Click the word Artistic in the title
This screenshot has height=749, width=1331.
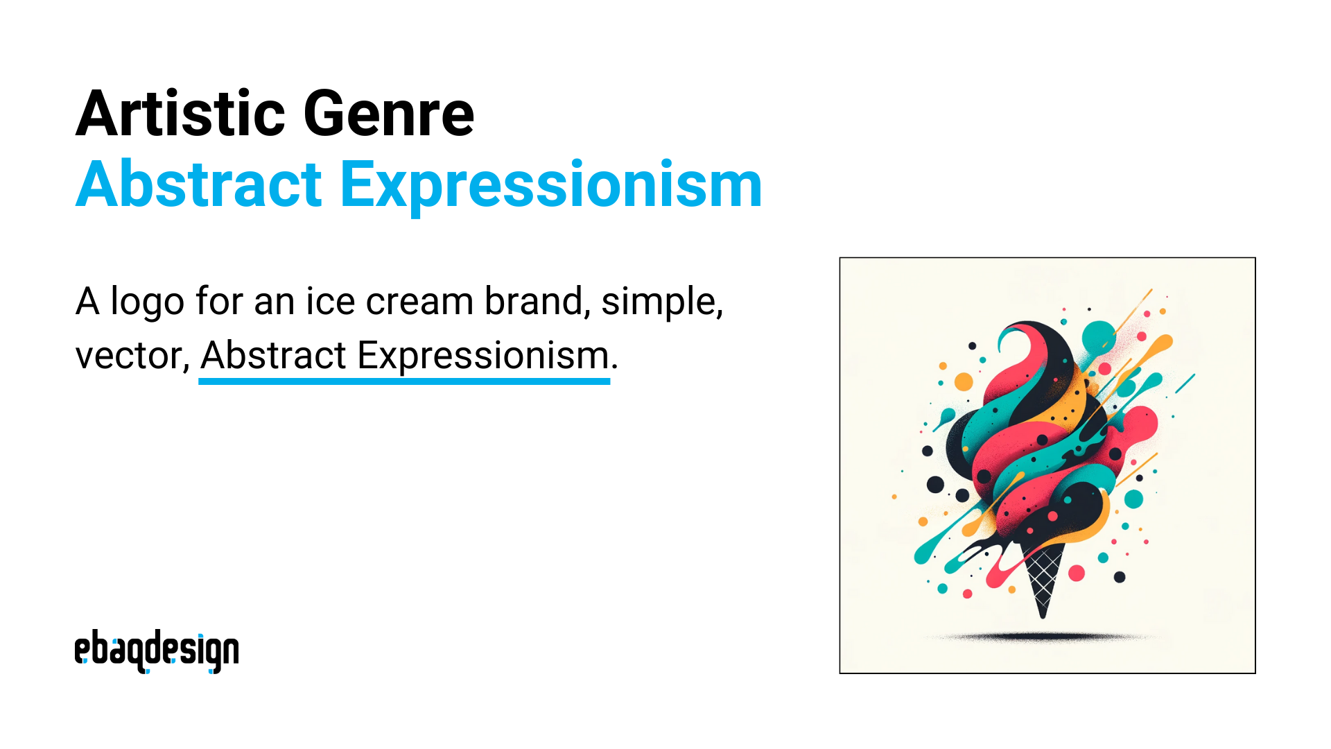click(180, 114)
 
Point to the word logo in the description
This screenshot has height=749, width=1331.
click(147, 302)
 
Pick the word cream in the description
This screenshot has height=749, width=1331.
click(419, 302)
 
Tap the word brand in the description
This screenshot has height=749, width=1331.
click(533, 302)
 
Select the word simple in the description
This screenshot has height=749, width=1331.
click(661, 302)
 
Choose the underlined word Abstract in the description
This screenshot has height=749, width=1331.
click(273, 356)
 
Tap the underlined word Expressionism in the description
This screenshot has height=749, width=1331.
click(482, 356)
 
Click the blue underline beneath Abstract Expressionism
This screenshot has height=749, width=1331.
click(404, 381)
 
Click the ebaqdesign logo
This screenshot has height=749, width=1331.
click(157, 651)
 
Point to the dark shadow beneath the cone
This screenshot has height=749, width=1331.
click(1040, 636)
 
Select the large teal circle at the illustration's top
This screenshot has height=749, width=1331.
click(1099, 336)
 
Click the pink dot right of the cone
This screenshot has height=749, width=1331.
click(1077, 573)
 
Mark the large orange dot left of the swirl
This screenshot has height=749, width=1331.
click(964, 381)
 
